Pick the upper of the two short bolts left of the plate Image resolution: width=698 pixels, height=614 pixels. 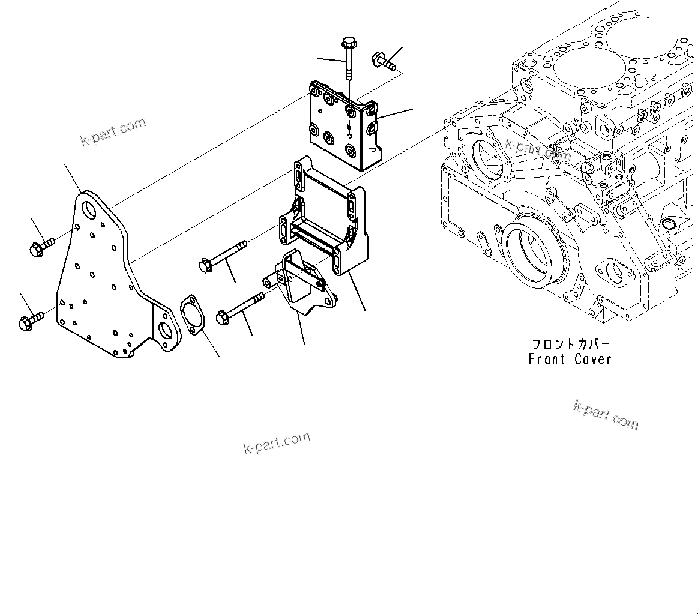point(41,245)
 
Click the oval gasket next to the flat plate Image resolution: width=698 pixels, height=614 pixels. point(191,314)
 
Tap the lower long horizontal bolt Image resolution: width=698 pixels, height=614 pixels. point(240,307)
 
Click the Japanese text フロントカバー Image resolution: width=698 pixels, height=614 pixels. point(570,345)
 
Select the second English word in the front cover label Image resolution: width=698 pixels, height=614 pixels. point(592,360)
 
